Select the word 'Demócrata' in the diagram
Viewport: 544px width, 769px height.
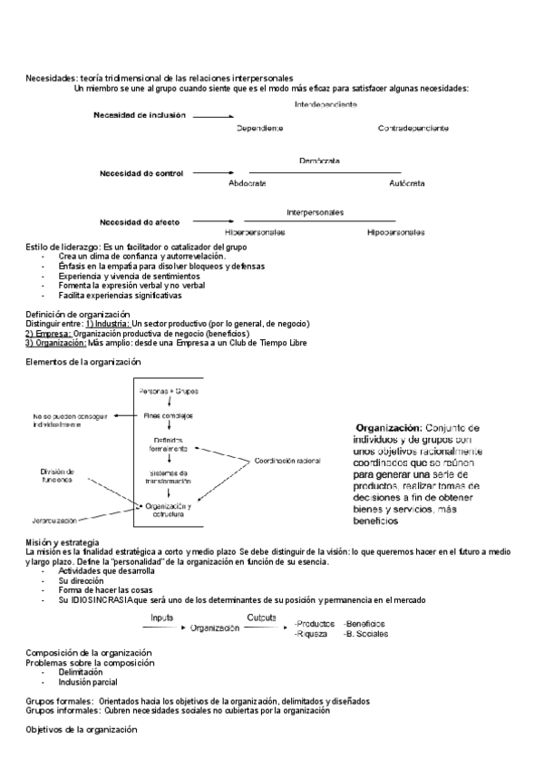tap(319, 161)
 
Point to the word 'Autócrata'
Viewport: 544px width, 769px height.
tap(406, 183)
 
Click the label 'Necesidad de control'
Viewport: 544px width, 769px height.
tap(141, 172)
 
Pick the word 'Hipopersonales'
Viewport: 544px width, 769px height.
tap(396, 233)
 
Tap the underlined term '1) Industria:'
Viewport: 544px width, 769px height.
tap(108, 324)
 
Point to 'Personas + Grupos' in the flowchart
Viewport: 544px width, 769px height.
tap(170, 391)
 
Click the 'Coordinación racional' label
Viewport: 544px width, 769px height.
tap(287, 461)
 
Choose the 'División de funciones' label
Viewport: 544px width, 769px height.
tap(62, 475)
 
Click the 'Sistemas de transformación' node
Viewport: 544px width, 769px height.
tap(169, 477)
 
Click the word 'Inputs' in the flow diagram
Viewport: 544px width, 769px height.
tap(162, 617)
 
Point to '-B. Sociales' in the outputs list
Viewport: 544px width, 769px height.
tap(364, 634)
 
